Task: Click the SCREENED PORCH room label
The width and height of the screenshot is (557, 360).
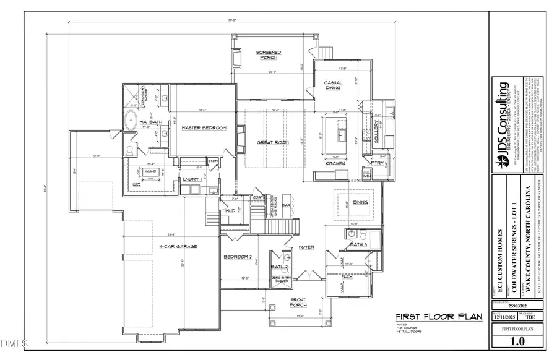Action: [x=269, y=55]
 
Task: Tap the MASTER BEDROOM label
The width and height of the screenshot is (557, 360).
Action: [x=204, y=128]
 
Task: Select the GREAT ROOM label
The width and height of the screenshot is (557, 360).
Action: [x=273, y=143]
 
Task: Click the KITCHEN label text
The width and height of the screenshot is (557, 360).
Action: [x=335, y=163]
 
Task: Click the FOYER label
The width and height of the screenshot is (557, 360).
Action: [x=306, y=247]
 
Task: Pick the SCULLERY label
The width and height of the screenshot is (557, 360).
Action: [x=379, y=132]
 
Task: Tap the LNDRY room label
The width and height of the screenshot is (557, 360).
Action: [x=190, y=179]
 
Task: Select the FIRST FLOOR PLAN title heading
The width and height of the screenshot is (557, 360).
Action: [x=439, y=316]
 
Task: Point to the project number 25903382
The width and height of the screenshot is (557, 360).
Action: [x=517, y=306]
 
